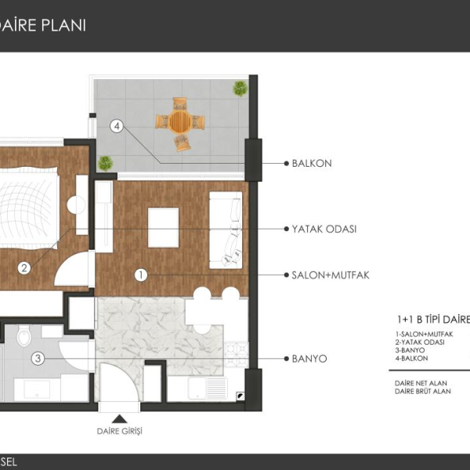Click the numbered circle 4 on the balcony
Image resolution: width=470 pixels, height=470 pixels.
coord(117,126)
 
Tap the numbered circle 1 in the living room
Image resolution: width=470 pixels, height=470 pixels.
coord(141,275)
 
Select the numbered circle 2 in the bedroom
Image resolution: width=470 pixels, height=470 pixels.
coord(24,268)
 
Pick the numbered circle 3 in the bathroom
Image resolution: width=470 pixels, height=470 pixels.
coord(38,358)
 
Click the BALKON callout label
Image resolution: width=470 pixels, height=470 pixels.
coord(312,164)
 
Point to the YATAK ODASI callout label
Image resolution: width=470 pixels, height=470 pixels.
coord(324,229)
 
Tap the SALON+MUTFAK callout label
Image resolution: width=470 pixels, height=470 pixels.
coord(331,275)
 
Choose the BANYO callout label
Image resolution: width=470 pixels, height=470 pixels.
coord(309,359)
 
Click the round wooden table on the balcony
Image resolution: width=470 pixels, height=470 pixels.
coord(180,122)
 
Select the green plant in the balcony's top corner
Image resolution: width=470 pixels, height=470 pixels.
coord(240,88)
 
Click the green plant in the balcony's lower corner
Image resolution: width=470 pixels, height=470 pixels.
coord(105,164)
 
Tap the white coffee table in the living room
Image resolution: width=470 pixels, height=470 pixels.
coord(164,227)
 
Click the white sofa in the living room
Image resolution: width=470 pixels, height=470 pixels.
coord(226,230)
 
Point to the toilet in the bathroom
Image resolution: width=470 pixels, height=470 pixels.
coord(24,336)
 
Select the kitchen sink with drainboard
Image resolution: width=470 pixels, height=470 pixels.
coord(208,389)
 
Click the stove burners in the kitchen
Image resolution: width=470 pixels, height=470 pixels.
coord(237,355)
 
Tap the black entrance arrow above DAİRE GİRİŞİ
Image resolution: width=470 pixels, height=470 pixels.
coord(120,419)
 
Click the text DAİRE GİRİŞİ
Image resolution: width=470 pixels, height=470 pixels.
coord(120,431)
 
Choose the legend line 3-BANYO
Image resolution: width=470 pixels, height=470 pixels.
coord(410,350)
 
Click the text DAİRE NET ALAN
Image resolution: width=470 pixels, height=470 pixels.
coord(421,383)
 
